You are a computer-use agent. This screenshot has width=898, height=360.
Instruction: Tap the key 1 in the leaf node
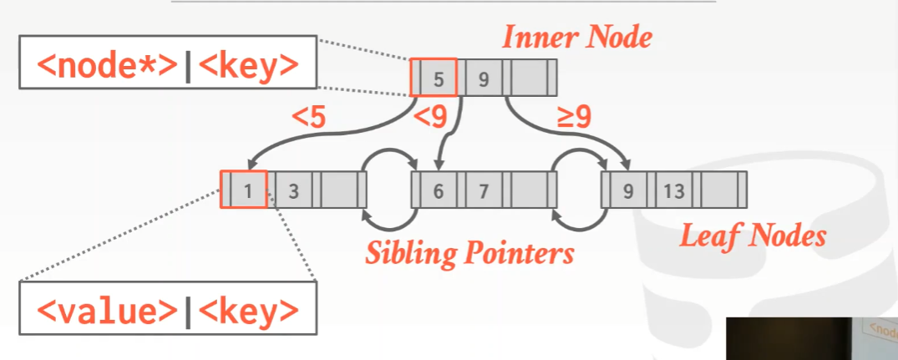248,190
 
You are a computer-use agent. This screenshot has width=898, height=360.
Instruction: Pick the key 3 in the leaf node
293,190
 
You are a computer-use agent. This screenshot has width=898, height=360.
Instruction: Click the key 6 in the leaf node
438,190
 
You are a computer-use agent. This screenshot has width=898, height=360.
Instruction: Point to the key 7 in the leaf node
483,190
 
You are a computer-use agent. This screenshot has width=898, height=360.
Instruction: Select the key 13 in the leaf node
674,190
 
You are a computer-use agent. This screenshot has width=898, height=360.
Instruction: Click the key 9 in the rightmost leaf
628,190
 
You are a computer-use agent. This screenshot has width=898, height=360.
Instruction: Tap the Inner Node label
576,37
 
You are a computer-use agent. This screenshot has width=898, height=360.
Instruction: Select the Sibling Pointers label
469,251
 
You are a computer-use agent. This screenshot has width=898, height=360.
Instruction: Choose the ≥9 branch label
575,118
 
